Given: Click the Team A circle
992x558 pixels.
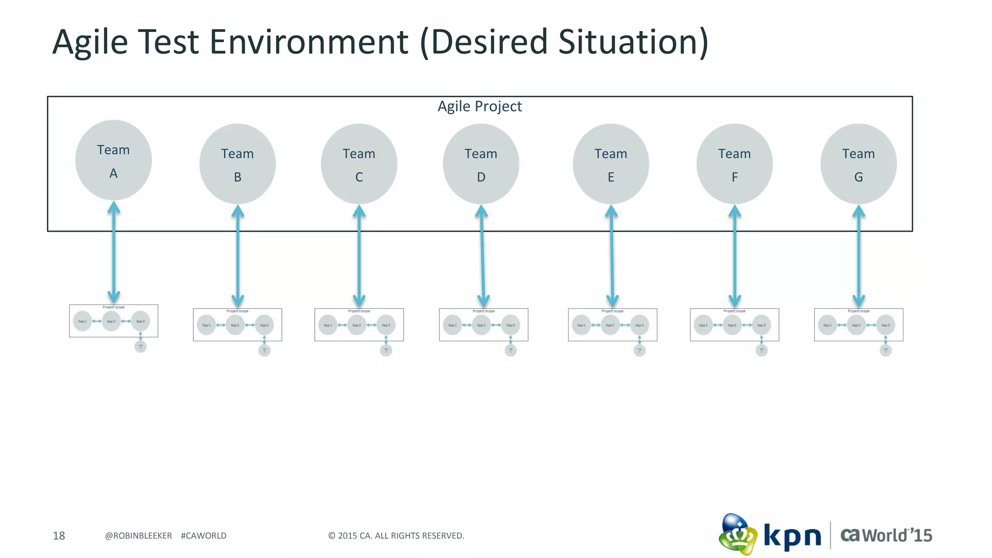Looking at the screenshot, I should coord(113,160).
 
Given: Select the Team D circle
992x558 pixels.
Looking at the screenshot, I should coord(480,164).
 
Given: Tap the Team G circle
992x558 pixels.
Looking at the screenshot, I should coord(858,164).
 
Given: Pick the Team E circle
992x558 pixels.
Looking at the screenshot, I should coord(611,164).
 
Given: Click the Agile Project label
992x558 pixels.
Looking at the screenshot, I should coord(480,106).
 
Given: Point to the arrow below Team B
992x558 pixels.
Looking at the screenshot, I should coord(237,256).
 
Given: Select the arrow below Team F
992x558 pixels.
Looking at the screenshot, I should coord(735,256).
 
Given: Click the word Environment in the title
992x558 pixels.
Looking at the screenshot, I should coord(309,42).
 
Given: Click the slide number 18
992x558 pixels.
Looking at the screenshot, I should coord(59,536).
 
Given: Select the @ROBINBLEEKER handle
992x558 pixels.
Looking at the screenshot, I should coord(138,536).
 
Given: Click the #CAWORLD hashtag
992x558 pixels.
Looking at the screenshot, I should coord(203,536).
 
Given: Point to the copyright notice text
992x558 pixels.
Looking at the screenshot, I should coord(396,536).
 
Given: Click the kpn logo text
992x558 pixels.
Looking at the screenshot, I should coord(792,536).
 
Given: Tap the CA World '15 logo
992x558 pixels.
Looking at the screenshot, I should coord(886,535).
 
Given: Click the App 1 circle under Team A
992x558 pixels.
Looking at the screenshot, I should coord(82,321).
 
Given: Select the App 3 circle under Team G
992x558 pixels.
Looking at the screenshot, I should coord(885,325).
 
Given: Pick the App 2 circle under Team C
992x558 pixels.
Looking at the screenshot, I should coord(356,325).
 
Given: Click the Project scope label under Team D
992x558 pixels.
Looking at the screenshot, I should coord(483,311).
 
